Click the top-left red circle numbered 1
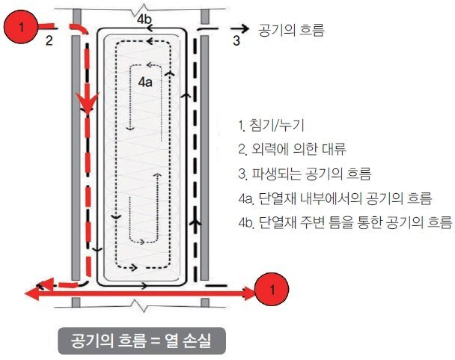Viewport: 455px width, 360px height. click(22, 27)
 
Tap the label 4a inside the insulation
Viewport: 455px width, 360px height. click(145, 84)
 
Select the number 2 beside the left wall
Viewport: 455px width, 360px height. click(49, 41)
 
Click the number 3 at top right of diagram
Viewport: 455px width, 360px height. click(236, 41)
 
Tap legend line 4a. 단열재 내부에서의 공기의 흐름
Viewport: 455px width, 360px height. click(334, 198)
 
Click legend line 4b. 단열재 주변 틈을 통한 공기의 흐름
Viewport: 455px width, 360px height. click(343, 223)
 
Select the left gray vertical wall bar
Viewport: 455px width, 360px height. click(75, 157)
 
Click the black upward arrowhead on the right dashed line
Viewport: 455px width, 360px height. click(197, 223)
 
